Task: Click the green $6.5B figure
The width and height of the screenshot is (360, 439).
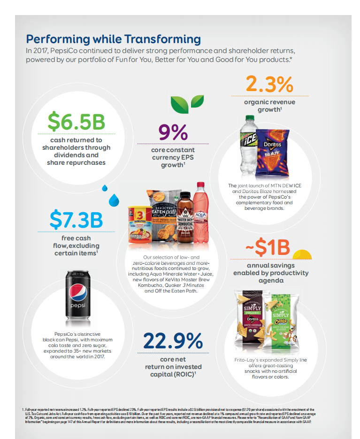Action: (x=77, y=121)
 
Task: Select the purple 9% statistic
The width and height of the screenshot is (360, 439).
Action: (x=172, y=132)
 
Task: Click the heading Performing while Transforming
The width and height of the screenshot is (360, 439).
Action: (x=113, y=39)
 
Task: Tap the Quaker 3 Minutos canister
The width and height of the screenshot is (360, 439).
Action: (x=139, y=226)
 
